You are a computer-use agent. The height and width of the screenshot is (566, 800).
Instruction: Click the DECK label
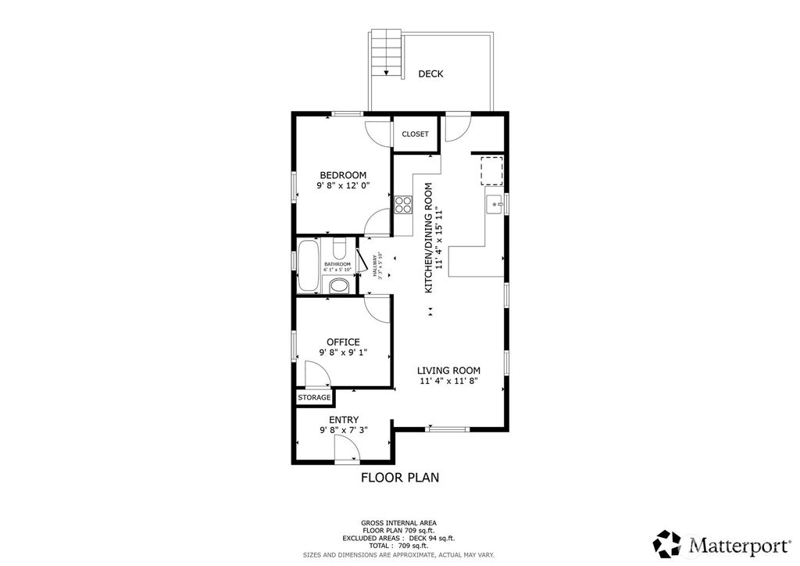point(430,74)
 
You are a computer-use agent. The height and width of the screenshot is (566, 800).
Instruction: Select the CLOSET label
point(415,134)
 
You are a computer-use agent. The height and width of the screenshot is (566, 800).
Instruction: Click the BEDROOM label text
point(343,174)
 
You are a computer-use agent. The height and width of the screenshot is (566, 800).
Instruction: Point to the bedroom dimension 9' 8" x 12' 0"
point(343,186)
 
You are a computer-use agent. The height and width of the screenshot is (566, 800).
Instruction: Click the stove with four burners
point(403,205)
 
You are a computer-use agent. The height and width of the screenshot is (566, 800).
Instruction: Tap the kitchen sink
point(494,205)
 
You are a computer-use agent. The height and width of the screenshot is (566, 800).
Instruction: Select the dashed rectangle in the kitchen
point(491,170)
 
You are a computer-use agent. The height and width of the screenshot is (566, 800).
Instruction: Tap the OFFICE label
point(343,342)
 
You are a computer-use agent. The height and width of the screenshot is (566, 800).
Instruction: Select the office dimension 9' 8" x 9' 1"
point(343,353)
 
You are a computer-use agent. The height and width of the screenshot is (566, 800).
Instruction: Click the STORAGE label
point(314,398)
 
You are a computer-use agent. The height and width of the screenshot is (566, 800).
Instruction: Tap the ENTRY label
point(343,420)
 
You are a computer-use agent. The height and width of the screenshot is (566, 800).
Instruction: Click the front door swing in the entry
point(346,448)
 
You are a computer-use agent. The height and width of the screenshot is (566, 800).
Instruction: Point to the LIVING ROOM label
point(448,371)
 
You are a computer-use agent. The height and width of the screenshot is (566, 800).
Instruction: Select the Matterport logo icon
point(667,543)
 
